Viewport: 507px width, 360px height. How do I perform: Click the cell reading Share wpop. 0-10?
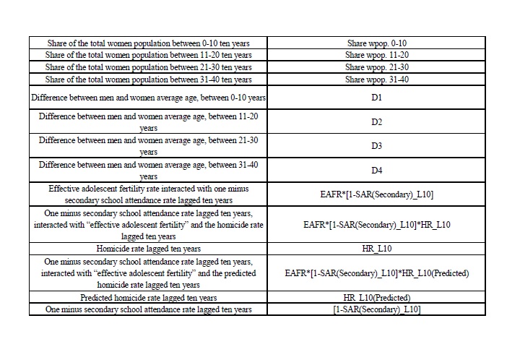[x=376, y=43]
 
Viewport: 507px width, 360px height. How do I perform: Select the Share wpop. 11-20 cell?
[x=376, y=55]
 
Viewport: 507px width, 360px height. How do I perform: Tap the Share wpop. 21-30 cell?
[x=376, y=67]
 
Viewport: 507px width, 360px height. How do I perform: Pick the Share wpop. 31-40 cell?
[x=376, y=80]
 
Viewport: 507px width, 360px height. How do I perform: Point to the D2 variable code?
[x=376, y=121]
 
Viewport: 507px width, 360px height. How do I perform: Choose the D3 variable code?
[x=376, y=146]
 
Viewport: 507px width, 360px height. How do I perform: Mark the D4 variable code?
[x=376, y=171]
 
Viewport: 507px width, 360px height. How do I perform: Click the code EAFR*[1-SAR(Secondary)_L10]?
[x=376, y=194]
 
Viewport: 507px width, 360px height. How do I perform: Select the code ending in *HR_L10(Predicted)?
[x=376, y=273]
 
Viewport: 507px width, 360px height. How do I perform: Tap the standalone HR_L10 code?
[x=376, y=249]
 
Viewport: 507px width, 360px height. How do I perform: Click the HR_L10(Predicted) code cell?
[x=376, y=298]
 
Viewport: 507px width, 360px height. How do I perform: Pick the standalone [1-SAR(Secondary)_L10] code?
[x=376, y=309]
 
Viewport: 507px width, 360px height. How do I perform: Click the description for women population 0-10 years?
[x=149, y=43]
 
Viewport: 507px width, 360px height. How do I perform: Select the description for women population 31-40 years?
[x=149, y=80]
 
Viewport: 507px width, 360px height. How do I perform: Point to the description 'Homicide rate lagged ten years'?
[x=149, y=249]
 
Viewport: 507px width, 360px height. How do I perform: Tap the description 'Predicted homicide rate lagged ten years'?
[x=149, y=298]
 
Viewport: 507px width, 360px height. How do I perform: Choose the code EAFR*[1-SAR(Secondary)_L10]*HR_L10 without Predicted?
[x=376, y=225]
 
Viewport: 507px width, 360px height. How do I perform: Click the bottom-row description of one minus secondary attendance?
[x=149, y=309]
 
